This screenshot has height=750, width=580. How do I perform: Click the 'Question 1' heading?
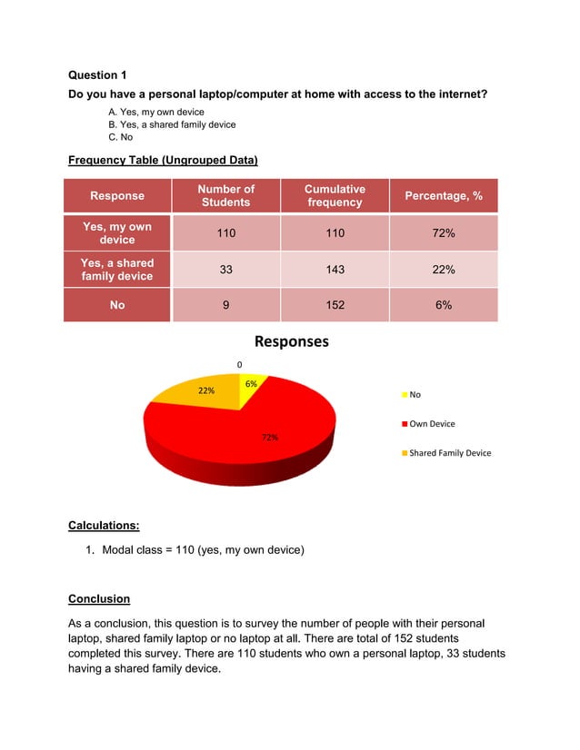pos(105,75)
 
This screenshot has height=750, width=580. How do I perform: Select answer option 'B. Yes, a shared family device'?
pos(171,124)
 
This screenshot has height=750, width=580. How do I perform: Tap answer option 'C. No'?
pos(120,137)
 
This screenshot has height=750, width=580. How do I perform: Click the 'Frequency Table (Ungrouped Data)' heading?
pos(163,161)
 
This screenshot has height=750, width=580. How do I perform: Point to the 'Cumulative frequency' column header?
pos(335,195)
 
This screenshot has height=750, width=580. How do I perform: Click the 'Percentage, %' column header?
pos(443,196)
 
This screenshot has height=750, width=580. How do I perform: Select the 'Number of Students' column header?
pos(225,195)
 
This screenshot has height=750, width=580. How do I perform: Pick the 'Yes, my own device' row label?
pos(117,232)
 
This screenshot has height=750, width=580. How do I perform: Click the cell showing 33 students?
pos(225,270)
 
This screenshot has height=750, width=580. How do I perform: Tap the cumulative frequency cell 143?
pos(335,270)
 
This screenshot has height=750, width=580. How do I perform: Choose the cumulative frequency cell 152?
pos(335,306)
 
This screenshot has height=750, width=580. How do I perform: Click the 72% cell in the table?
pos(443,233)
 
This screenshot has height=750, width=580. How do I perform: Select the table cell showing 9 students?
pos(225,306)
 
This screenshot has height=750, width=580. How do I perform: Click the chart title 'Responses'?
pos(291,342)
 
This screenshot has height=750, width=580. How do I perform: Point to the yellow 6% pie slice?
pos(252,385)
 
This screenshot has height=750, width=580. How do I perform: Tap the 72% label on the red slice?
pos(270,438)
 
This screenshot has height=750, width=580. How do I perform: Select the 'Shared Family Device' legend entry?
pos(449,452)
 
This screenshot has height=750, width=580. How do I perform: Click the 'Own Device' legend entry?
pos(432,423)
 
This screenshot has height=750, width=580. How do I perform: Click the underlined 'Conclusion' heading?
pos(99,599)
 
